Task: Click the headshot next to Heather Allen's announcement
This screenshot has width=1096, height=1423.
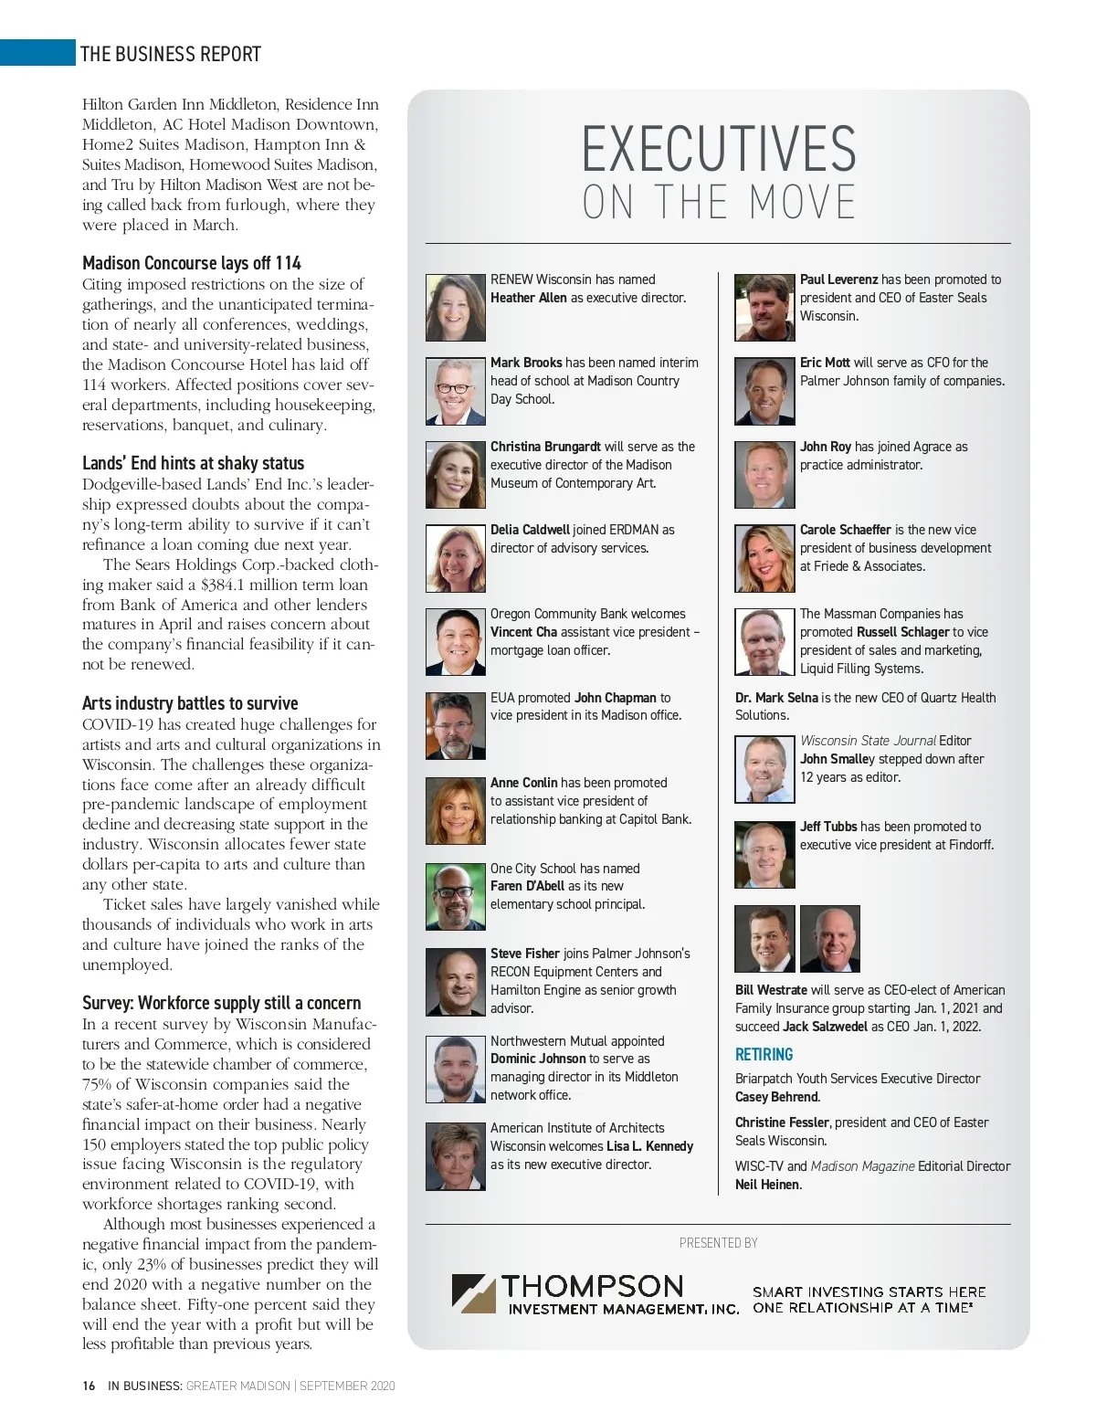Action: [455, 308]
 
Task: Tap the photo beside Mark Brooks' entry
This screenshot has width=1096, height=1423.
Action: [455, 391]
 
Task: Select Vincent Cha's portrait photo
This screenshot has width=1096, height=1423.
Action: [455, 642]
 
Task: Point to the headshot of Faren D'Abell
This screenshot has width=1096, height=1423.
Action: [455, 896]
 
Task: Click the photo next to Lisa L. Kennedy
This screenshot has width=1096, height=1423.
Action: [455, 1156]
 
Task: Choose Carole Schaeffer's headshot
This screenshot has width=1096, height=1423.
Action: [764, 558]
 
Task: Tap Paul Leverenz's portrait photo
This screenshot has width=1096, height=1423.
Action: [764, 308]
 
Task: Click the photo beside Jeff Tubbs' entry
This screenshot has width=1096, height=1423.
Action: [764, 855]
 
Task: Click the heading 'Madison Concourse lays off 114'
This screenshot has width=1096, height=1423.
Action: [192, 263]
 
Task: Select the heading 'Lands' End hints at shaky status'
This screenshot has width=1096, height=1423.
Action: [193, 463]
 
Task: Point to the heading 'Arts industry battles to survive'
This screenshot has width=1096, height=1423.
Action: [190, 703]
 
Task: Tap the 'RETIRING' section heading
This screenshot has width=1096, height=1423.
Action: [764, 1055]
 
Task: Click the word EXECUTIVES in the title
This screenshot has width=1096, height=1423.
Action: [719, 150]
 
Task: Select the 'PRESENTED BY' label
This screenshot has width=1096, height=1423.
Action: [718, 1243]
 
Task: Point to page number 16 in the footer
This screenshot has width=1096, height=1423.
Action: [89, 1386]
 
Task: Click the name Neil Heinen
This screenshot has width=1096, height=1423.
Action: [767, 1185]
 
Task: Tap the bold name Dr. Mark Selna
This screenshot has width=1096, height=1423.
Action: [776, 698]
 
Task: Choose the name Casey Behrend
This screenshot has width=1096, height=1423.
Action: [776, 1097]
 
